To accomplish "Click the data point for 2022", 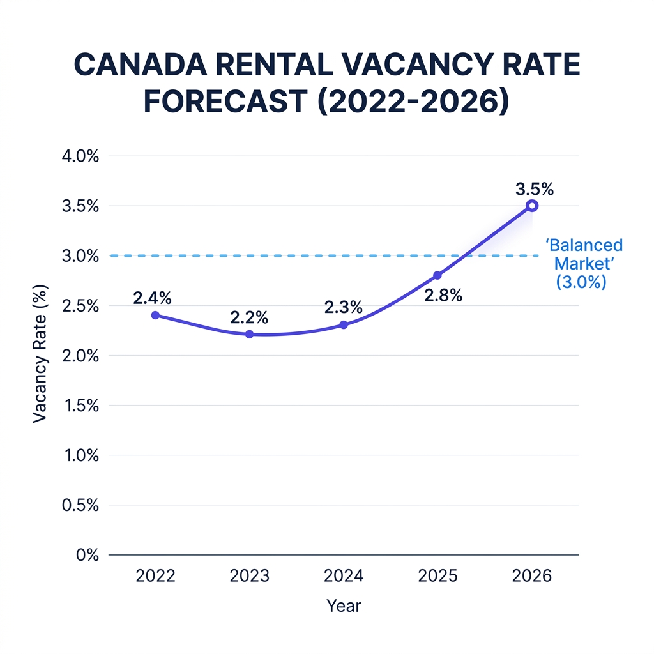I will coord(155,316).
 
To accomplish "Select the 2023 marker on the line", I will coord(249,334).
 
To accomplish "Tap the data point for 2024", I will coord(344,324).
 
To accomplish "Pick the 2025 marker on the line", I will coord(437,275).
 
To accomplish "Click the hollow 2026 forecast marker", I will coord(532,206).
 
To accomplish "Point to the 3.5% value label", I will coord(533,189).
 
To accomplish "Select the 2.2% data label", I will coord(248,317).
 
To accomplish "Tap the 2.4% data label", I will coord(153,298).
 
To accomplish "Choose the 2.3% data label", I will coord(343,307).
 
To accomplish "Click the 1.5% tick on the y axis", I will coord(80,406).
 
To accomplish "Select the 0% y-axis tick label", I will coord(87,555).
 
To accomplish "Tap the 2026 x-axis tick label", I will coord(532,576).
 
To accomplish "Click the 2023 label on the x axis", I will coord(249,576).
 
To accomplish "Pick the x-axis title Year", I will coord(344,605).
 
